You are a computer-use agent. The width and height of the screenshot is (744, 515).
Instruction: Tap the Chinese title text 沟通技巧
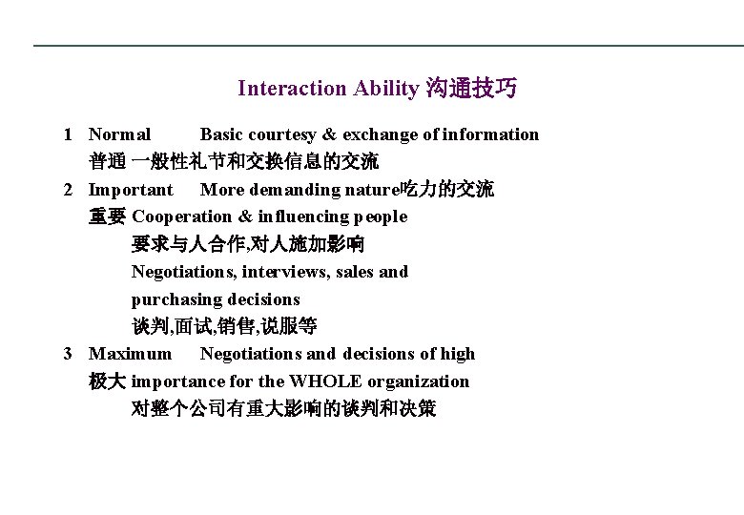471,89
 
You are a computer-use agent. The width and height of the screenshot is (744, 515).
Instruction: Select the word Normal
119,134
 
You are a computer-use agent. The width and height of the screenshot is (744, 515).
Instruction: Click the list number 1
69,134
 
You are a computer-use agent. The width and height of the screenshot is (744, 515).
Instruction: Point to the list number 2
69,190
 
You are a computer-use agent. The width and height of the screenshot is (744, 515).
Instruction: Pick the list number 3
69,354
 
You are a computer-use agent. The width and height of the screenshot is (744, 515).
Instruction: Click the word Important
131,190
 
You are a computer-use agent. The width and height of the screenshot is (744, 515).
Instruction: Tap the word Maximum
131,354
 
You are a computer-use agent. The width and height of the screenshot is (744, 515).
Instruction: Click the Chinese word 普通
107,162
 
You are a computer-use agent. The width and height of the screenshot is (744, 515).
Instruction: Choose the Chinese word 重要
107,217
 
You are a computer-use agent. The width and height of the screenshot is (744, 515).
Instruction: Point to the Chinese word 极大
107,381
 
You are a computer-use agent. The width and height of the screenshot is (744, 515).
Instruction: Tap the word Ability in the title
385,89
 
